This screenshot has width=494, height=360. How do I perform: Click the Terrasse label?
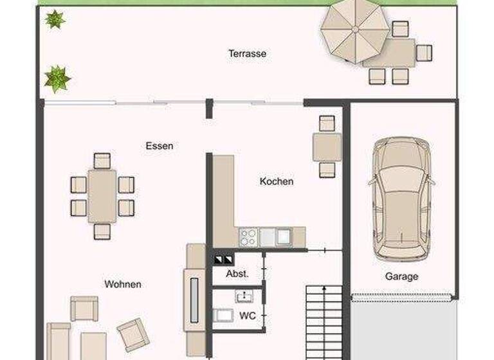[x=247, y=53]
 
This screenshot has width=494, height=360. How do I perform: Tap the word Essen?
[x=159, y=146]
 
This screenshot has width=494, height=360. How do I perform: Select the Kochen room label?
[x=277, y=181]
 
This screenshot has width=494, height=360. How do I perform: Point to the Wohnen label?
[x=123, y=283]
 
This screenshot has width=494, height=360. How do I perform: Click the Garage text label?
[x=401, y=276]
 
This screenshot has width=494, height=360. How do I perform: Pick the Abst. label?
[x=237, y=273]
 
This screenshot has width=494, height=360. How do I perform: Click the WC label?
[x=248, y=316]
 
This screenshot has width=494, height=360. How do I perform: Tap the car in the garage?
[x=401, y=197]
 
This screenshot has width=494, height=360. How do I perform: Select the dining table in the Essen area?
[x=102, y=196]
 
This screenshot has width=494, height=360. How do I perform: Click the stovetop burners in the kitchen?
[x=248, y=237]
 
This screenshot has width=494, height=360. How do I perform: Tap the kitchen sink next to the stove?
[x=282, y=237]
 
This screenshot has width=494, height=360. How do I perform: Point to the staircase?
[x=323, y=321]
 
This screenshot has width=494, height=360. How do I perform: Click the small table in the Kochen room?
[x=327, y=147]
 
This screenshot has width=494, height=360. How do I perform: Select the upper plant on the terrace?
[x=54, y=19]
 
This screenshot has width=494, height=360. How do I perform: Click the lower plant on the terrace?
[x=57, y=78]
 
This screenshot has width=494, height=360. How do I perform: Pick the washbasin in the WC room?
[x=244, y=296]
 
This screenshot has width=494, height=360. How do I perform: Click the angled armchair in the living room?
[x=134, y=334]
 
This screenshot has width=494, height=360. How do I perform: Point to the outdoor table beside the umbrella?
[x=389, y=53]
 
